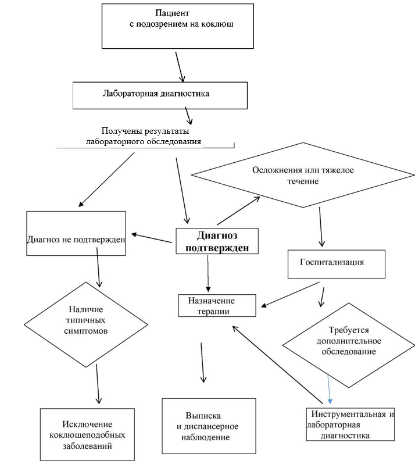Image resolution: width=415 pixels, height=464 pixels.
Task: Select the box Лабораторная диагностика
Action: (160, 95)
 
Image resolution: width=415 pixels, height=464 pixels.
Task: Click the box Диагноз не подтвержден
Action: (76, 233)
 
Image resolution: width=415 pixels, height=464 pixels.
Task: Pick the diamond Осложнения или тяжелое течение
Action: (303, 175)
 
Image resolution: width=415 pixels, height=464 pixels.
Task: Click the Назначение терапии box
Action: (217, 305)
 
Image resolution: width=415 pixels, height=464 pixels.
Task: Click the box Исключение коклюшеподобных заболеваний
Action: (87, 435)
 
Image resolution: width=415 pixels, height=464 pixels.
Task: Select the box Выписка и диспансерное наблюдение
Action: (208, 426)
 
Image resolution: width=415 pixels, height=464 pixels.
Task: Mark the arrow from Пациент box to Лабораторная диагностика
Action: (180, 66)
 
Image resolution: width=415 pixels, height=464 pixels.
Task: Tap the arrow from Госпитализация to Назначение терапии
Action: (291, 295)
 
